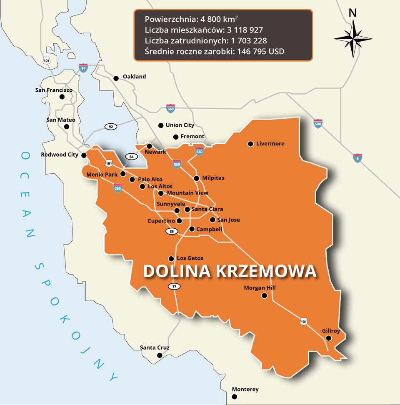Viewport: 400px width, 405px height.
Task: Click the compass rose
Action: [x=352, y=38]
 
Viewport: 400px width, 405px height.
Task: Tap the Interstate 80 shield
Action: [x=83, y=67]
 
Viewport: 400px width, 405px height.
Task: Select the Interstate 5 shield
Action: [x=357, y=158]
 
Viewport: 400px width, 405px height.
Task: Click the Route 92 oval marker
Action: [x=111, y=126]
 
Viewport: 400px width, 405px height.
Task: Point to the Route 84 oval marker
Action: [x=131, y=157]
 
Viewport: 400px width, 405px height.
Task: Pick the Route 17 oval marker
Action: [x=174, y=286]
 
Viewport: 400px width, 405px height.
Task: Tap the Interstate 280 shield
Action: [x=118, y=188]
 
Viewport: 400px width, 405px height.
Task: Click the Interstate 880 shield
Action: [x=177, y=164]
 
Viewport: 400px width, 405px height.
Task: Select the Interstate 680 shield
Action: [x=200, y=152]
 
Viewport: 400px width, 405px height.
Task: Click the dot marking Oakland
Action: [x=116, y=78]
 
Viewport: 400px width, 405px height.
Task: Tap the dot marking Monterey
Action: [x=234, y=397]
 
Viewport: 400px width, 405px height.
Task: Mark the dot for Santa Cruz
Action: [x=159, y=355]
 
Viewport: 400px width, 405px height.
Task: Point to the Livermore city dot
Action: [x=250, y=144]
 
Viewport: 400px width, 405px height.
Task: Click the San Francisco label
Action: [x=54, y=90]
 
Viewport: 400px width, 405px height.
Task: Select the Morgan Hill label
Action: [x=260, y=288]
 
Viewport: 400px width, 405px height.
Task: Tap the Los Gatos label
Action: [x=190, y=258]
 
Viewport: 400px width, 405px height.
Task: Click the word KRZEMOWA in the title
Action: [x=266, y=271]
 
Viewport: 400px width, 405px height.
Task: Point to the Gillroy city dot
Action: [x=328, y=338]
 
